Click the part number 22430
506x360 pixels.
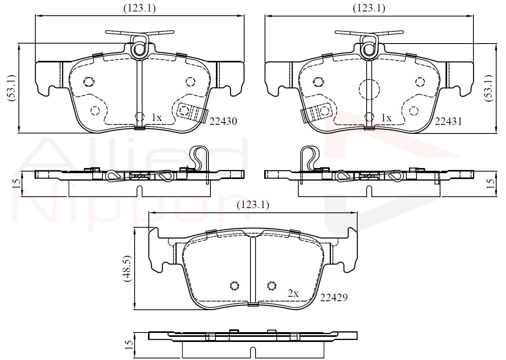[x=223, y=122]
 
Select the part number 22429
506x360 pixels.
[x=334, y=298]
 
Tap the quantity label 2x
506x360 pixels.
[x=293, y=293]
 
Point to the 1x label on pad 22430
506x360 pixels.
[x=157, y=118]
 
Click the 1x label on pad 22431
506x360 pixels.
[x=387, y=118]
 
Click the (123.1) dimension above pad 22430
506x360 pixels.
[x=139, y=8]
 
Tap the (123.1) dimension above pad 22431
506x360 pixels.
[x=369, y=8]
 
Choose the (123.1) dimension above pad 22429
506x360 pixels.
[x=253, y=205]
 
